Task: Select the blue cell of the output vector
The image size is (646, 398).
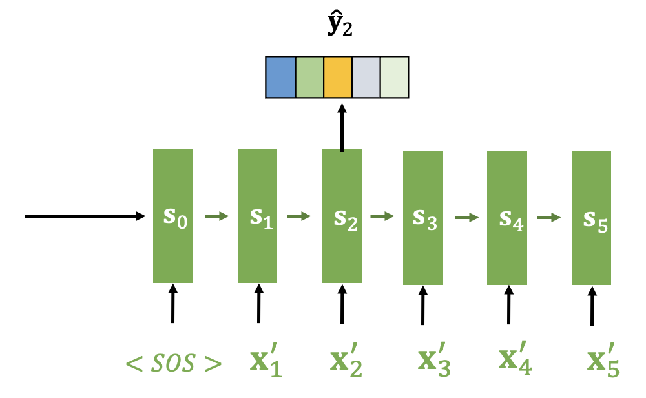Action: pos(280,78)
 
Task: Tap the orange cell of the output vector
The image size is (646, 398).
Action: pos(337,78)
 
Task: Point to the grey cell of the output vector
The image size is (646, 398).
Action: pos(366,78)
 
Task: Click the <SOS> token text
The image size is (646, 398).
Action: pos(172,363)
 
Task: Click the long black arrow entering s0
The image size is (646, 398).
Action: pos(84,216)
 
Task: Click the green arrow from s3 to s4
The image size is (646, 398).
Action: pos(464,218)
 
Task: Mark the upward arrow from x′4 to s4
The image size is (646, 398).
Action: pos(508,306)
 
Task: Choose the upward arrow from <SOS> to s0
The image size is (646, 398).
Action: pos(172,304)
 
